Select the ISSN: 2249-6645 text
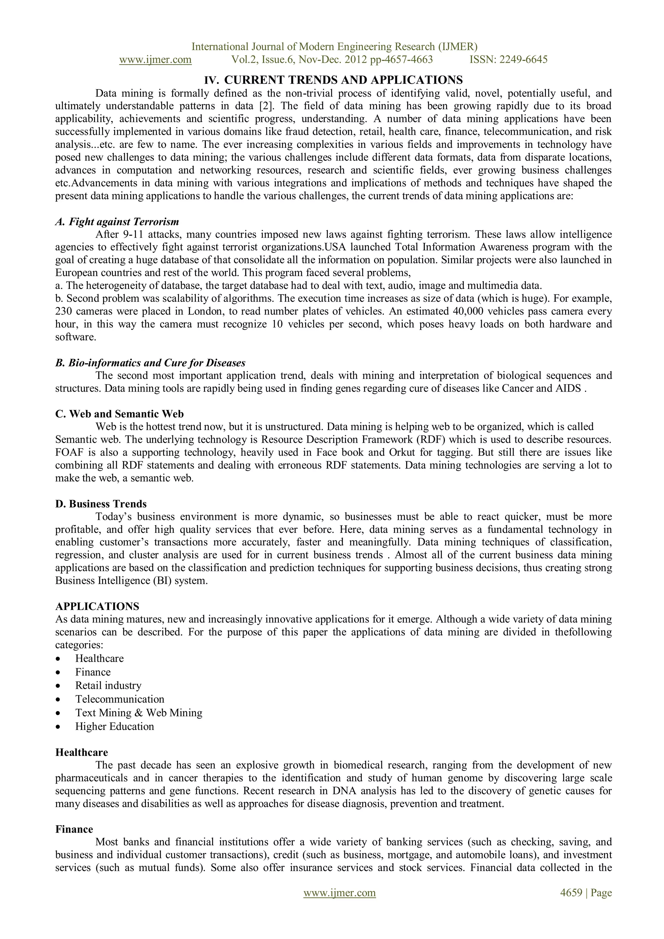coord(508,60)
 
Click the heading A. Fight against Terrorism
coord(117,222)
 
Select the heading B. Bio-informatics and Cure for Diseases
coord(150,363)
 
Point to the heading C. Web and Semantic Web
coord(119,414)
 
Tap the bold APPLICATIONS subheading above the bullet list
coord(97,606)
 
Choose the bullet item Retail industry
coord(108,686)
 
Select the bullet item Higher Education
coord(114,726)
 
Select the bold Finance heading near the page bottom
coord(74,829)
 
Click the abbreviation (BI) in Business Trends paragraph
coord(161,581)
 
